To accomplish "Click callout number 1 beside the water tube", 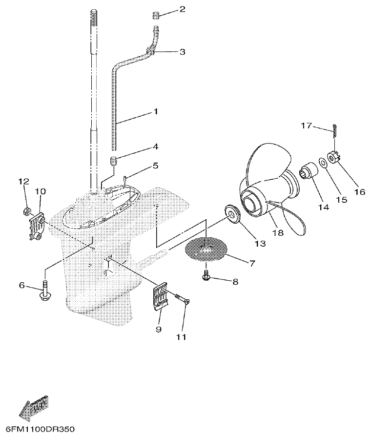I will click(x=156, y=112).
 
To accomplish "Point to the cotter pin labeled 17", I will click(x=334, y=128).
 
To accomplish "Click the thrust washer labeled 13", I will click(x=232, y=213).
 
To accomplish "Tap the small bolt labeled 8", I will click(x=206, y=276).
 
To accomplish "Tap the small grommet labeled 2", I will click(x=155, y=17).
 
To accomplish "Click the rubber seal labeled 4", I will click(x=113, y=161).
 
